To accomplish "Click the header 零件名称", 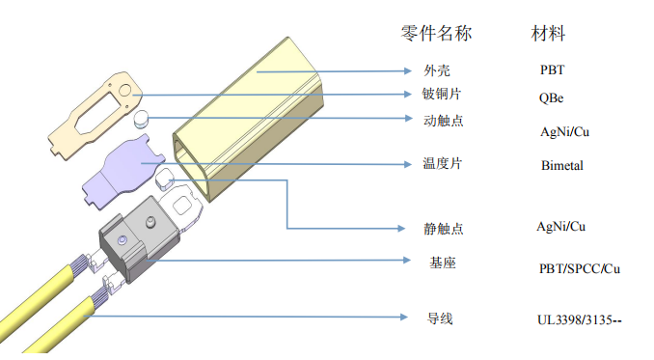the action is coord(436,34).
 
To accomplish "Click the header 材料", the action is coord(548,34).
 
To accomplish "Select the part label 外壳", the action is coord(437,70).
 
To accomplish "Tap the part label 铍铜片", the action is coord(441,94).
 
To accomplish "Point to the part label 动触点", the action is coord(444,121).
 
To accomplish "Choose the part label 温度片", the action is coord(443,163).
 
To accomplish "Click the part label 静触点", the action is coord(444,228).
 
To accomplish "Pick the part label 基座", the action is coord(443,263).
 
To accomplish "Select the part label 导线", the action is coord(440,318).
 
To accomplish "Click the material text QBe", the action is coord(551,98).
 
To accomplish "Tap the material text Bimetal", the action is coord(562,166).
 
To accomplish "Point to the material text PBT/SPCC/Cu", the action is coord(580,268).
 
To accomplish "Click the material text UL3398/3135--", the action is coord(580,320).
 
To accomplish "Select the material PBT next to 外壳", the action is coord(552,69).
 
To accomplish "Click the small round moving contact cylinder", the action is coord(141,119).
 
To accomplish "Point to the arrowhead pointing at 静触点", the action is coord(401,228).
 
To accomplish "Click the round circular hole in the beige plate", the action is coord(124,90).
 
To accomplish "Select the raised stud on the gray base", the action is coord(150,222).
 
